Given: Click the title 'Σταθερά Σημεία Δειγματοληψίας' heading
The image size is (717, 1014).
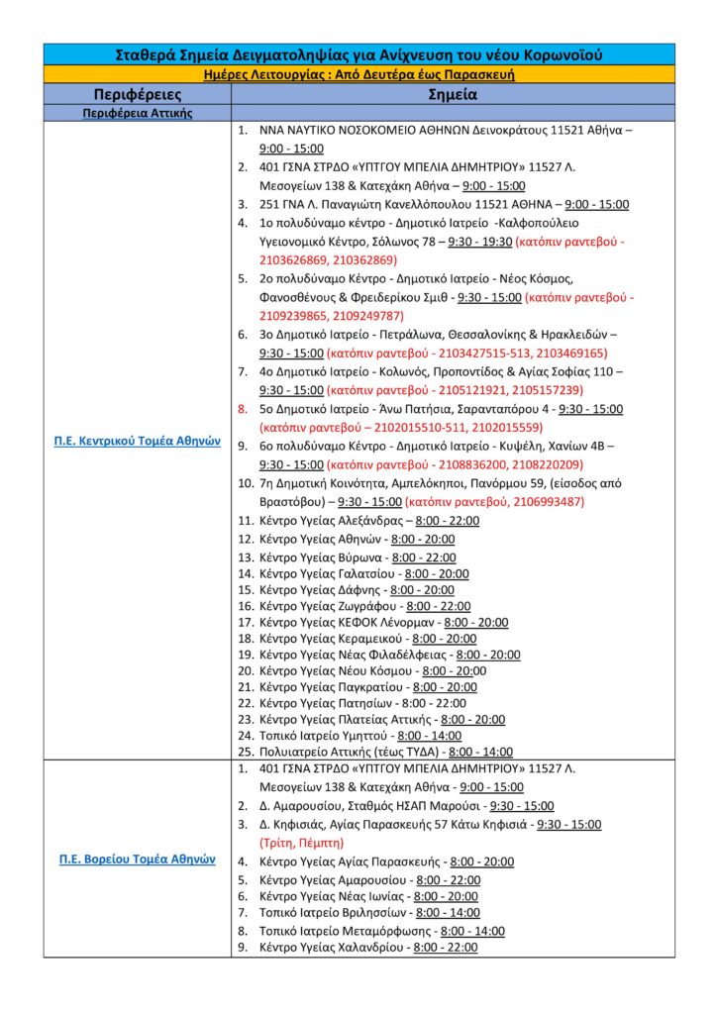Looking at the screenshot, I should (358, 54).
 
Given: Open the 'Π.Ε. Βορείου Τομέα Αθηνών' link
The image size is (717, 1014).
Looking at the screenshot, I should (137, 859).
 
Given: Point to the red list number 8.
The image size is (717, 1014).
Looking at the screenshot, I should (244, 408).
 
